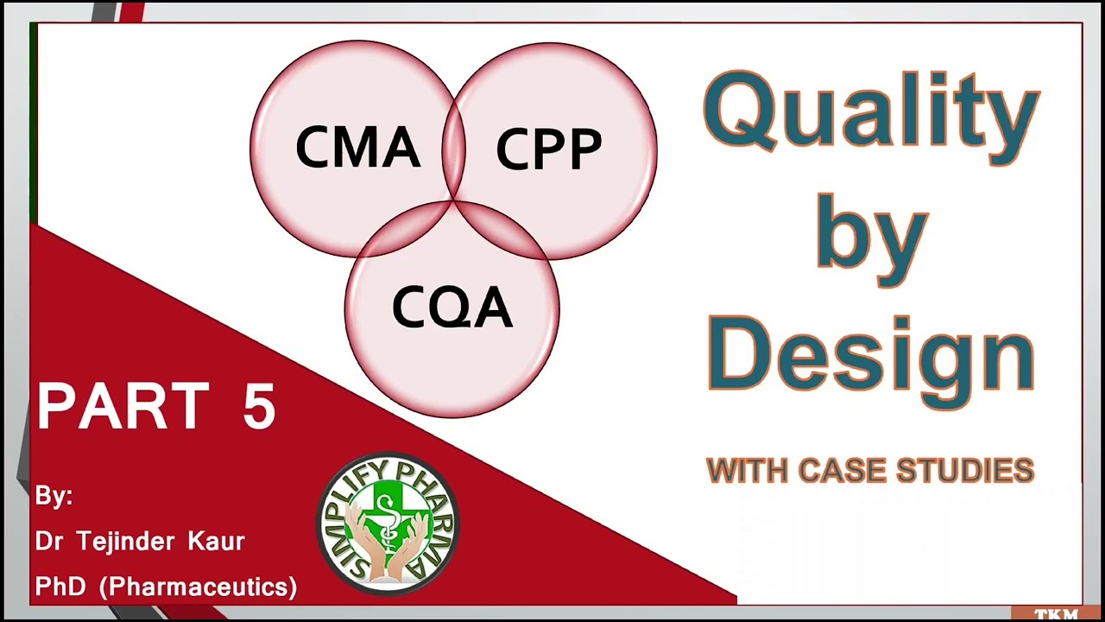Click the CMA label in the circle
[357, 148]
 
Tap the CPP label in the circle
[549, 149]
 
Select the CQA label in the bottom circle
[452, 308]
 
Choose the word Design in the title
[870, 354]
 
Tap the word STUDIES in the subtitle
[965, 471]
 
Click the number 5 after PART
[259, 407]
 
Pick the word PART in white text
[123, 407]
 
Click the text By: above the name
[54, 497]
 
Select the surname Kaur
[216, 542]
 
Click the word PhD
[60, 587]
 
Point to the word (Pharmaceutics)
[199, 587]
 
